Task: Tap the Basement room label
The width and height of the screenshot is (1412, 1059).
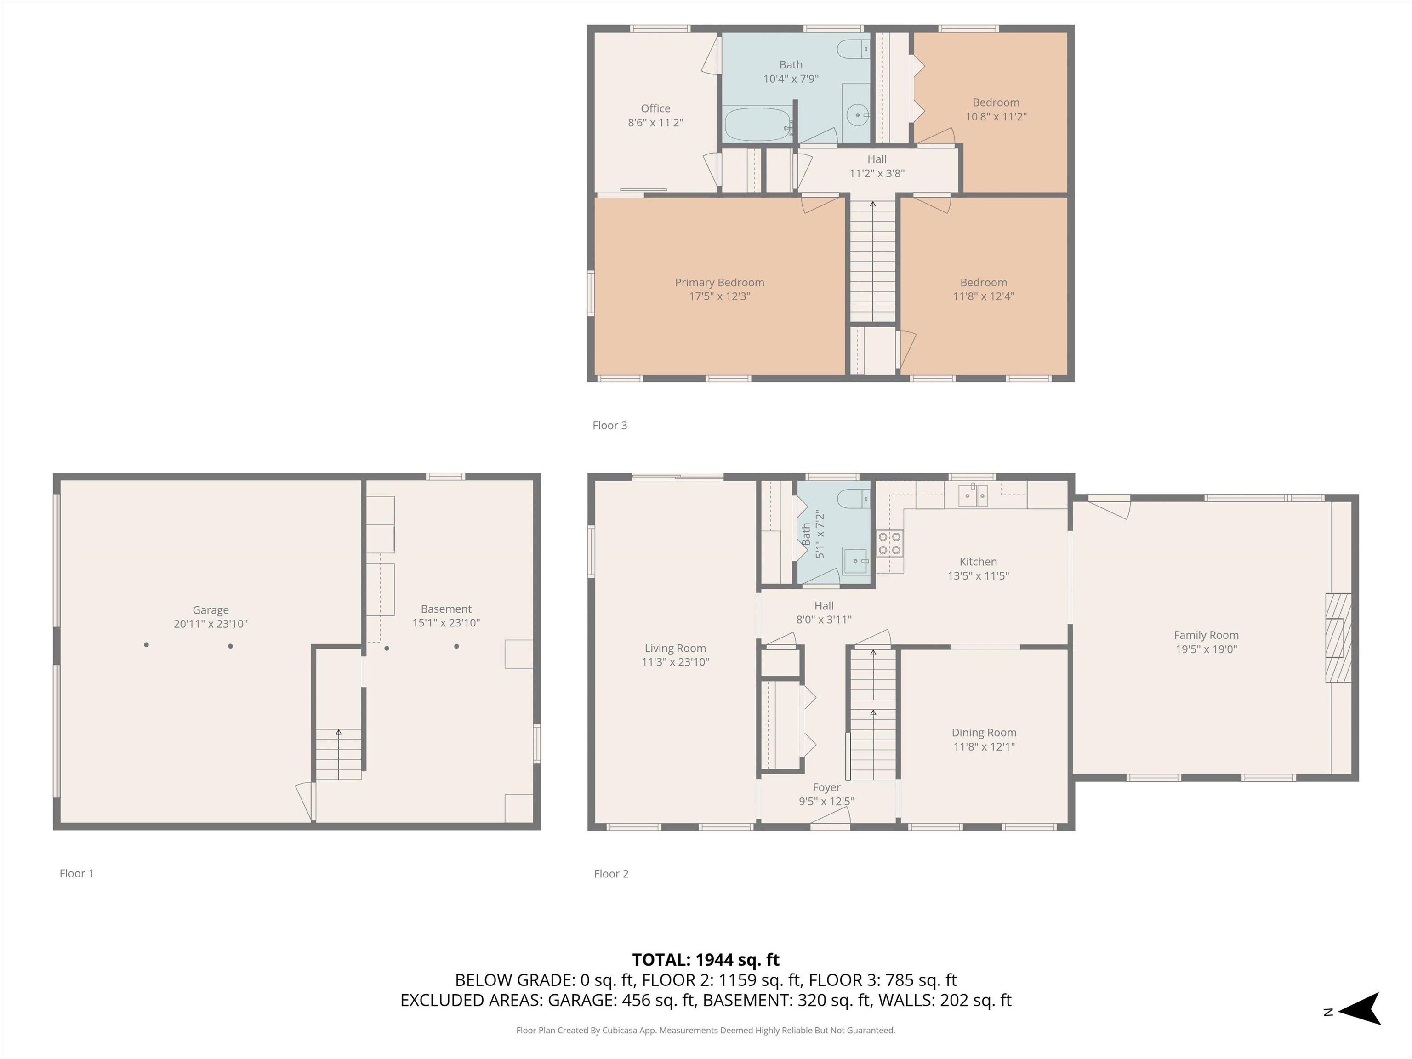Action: pyautogui.click(x=446, y=609)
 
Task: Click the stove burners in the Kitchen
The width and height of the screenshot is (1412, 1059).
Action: pyautogui.click(x=890, y=543)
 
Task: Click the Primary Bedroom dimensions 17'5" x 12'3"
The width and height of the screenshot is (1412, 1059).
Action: pyautogui.click(x=719, y=296)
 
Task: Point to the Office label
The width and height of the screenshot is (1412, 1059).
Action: pyautogui.click(x=655, y=108)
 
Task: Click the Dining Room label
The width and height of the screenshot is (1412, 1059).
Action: pyautogui.click(x=984, y=733)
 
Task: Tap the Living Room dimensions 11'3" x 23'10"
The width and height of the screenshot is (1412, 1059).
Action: pyautogui.click(x=675, y=662)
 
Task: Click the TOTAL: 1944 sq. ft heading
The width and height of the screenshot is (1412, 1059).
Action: pyautogui.click(x=706, y=959)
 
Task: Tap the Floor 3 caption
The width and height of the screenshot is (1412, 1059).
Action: pyautogui.click(x=609, y=425)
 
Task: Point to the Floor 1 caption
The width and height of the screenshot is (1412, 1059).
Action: pyautogui.click(x=77, y=873)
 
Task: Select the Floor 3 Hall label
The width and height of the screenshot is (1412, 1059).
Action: pyautogui.click(x=877, y=159)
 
